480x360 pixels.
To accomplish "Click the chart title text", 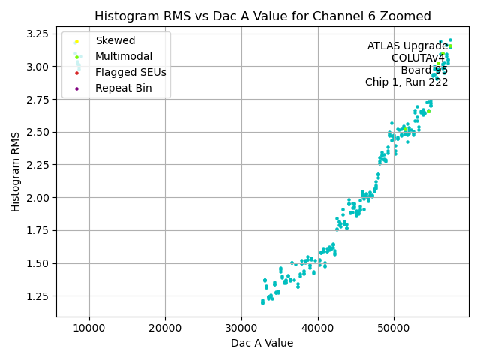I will tap(262, 16).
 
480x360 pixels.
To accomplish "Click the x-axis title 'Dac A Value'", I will tap(262, 343).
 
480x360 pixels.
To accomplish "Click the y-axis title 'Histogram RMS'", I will tap(16, 172).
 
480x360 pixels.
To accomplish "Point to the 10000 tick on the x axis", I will tap(89, 328).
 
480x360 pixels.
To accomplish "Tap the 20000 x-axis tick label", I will tap(166, 328).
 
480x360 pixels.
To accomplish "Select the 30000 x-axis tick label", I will tap(241, 328).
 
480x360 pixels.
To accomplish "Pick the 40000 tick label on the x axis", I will tap(318, 328).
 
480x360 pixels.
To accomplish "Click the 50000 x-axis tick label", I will tap(394, 328).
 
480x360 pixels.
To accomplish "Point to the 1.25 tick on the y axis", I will tap(39, 296).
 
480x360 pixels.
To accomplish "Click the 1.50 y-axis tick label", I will tap(39, 263).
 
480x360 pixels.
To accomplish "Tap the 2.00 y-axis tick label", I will tap(39, 198).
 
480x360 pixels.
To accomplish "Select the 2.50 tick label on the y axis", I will tap(39, 132).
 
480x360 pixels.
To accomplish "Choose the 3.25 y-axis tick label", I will tap(39, 34).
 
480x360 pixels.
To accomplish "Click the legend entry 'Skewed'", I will tap(115, 40).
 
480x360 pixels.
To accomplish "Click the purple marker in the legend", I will tap(76, 88).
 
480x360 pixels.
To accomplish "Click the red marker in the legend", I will tap(76, 73).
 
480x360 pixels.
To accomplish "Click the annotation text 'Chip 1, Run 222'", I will tap(406, 82).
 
